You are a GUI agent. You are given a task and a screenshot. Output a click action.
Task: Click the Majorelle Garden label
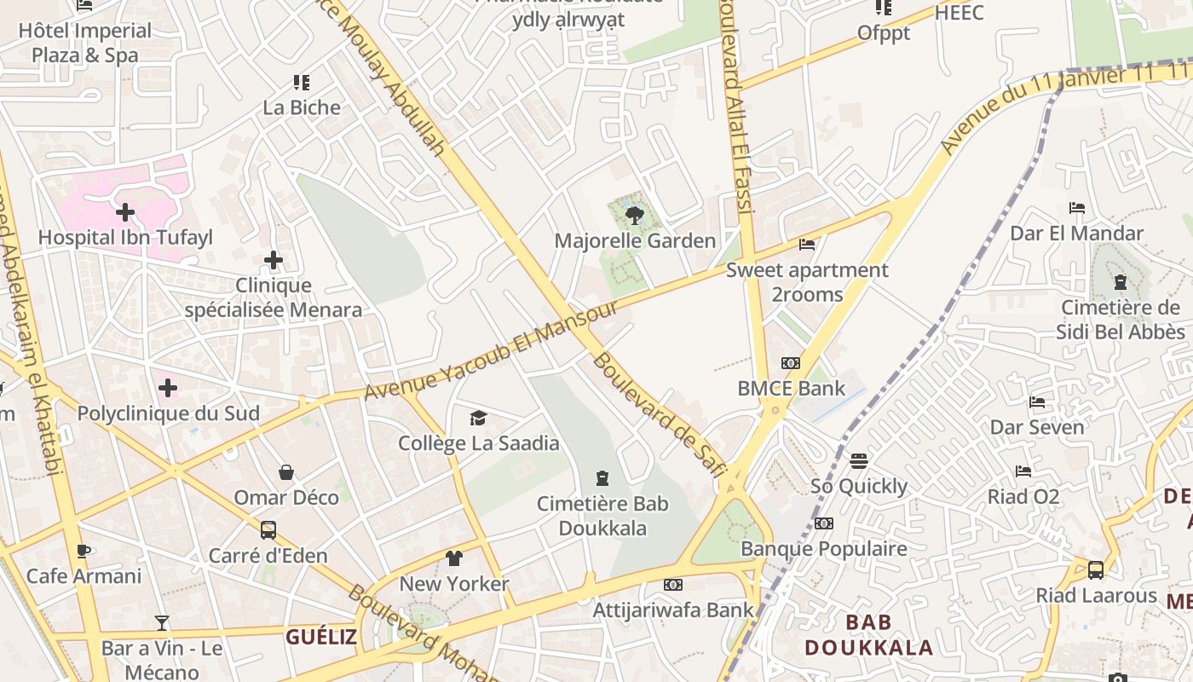(x=635, y=240)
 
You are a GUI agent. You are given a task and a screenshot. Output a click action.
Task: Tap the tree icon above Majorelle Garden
(x=634, y=215)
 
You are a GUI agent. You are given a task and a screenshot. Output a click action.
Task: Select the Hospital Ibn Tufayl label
(x=125, y=237)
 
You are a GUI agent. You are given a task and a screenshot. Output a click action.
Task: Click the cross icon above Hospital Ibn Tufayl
(x=125, y=211)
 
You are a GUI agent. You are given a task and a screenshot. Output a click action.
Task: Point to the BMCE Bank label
(x=791, y=389)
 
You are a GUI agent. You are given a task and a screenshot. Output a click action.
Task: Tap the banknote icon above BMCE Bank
(x=791, y=363)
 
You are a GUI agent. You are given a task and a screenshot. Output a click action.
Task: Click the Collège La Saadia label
(x=479, y=443)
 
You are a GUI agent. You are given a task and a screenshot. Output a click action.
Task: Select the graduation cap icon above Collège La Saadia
(x=479, y=418)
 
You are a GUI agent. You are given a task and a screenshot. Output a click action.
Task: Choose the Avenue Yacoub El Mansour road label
(x=492, y=349)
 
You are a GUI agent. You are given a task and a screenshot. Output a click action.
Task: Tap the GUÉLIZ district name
(x=321, y=636)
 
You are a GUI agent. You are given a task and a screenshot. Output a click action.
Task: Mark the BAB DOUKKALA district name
(x=868, y=634)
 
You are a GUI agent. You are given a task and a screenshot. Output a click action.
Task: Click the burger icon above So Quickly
(x=859, y=461)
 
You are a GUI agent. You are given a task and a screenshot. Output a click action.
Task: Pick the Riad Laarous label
(x=1096, y=595)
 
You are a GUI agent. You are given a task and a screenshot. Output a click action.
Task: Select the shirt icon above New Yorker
(x=454, y=558)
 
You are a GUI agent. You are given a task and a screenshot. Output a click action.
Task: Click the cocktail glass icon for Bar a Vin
(x=162, y=623)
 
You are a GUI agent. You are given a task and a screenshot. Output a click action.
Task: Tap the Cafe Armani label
(x=84, y=576)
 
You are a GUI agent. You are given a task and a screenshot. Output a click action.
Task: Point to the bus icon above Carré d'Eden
(x=268, y=530)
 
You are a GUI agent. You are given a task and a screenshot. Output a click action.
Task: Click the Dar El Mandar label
(x=1076, y=233)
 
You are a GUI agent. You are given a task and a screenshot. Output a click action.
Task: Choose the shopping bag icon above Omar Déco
(x=286, y=472)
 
